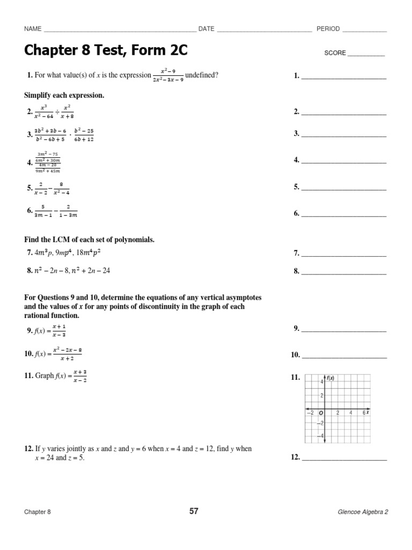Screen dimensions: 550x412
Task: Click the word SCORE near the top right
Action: (x=335, y=54)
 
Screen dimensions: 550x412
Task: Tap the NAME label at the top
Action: (x=33, y=29)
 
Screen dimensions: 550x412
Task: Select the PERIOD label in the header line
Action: (x=328, y=29)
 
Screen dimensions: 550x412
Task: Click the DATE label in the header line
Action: (x=207, y=29)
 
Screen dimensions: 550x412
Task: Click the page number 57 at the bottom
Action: (x=194, y=511)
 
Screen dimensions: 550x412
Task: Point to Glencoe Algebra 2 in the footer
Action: (x=363, y=512)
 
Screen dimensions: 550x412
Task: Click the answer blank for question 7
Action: (x=344, y=255)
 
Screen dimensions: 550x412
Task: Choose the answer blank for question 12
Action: (x=344, y=460)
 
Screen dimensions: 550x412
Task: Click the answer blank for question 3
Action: (x=344, y=135)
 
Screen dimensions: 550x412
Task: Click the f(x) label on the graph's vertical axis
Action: (x=330, y=378)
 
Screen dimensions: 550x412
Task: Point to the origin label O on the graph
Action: (x=321, y=413)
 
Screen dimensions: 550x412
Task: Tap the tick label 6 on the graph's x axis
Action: (x=364, y=412)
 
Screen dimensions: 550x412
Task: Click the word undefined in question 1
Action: (x=202, y=75)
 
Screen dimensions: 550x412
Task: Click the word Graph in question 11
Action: (x=45, y=377)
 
